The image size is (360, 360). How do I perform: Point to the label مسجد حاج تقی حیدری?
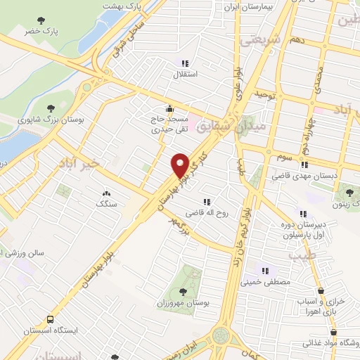pyautogui.click(x=169, y=126)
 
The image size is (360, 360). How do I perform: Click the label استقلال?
pyautogui.click(x=188, y=72)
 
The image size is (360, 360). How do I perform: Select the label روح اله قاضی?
pyautogui.click(x=205, y=212)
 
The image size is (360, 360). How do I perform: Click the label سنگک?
pyautogui.click(x=107, y=204)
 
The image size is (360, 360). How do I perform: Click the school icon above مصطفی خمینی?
pyautogui.click(x=265, y=270)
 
